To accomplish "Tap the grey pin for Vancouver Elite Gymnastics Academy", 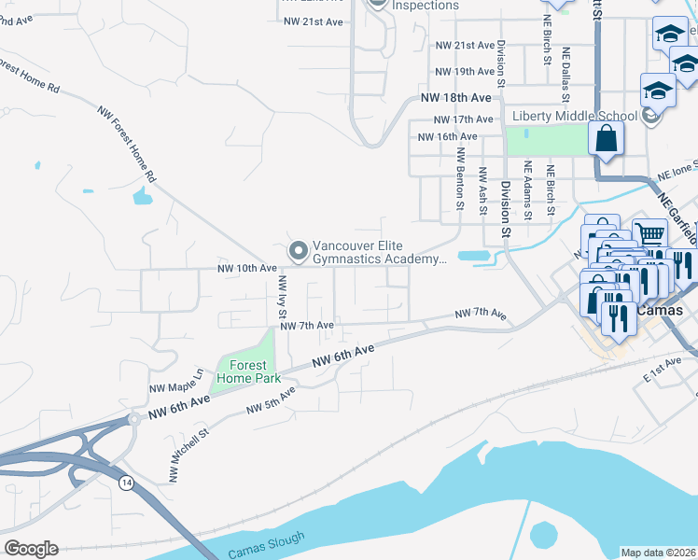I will [298, 249].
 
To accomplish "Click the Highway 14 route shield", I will [125, 482].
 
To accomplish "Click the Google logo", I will [31, 549].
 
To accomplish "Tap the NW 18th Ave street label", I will [455, 97].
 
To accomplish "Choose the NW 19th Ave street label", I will [465, 71].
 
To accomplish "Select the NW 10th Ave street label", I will [247, 269].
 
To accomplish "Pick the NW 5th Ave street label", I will [271, 402].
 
